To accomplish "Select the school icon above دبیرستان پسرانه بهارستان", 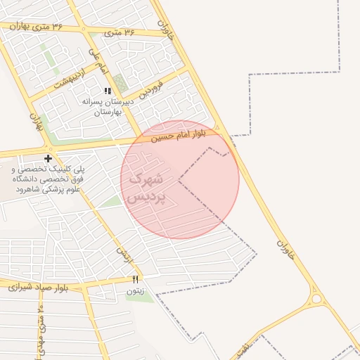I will click(108, 91).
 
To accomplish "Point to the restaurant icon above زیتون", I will click(135, 280).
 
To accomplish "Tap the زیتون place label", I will click(135, 290).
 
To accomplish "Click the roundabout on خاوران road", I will click(316, 300).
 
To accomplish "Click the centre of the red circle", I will click(180, 179).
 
